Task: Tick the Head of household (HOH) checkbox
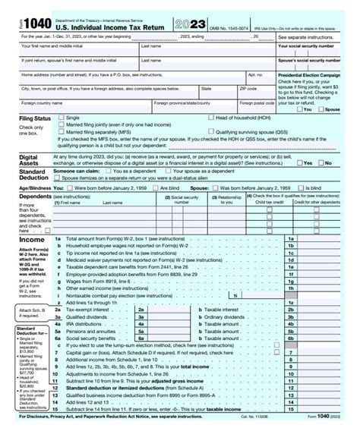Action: [x=211, y=118]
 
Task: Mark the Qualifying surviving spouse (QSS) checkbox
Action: [x=211, y=131]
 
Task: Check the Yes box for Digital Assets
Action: [x=301, y=162]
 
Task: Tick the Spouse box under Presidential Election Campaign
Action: [x=327, y=109]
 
